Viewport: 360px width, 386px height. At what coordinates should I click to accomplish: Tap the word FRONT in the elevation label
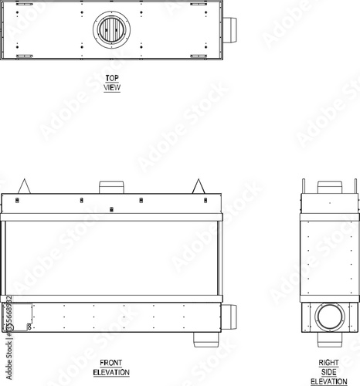click(x=111, y=363)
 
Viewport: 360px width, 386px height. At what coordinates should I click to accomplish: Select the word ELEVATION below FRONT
click(x=111, y=372)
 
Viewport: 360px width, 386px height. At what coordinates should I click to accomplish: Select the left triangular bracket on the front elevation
click(x=25, y=186)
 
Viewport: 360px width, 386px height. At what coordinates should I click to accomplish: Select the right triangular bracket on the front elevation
click(x=199, y=186)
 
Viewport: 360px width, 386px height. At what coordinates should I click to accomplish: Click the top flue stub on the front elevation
click(x=111, y=188)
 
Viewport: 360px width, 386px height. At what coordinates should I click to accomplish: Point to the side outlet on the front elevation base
click(x=229, y=317)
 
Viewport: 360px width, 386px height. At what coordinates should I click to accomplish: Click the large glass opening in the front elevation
click(x=111, y=258)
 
